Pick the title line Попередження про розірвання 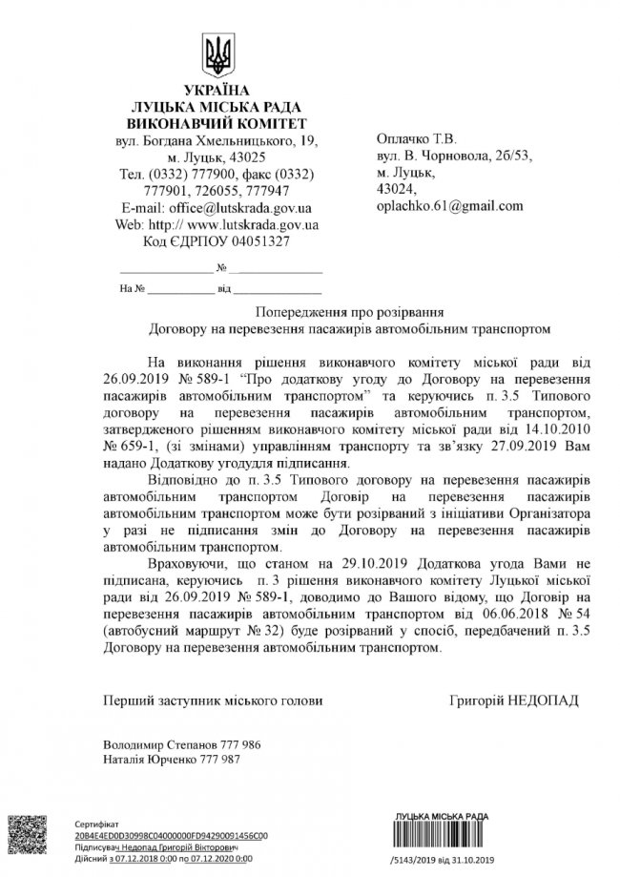coord(351,312)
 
